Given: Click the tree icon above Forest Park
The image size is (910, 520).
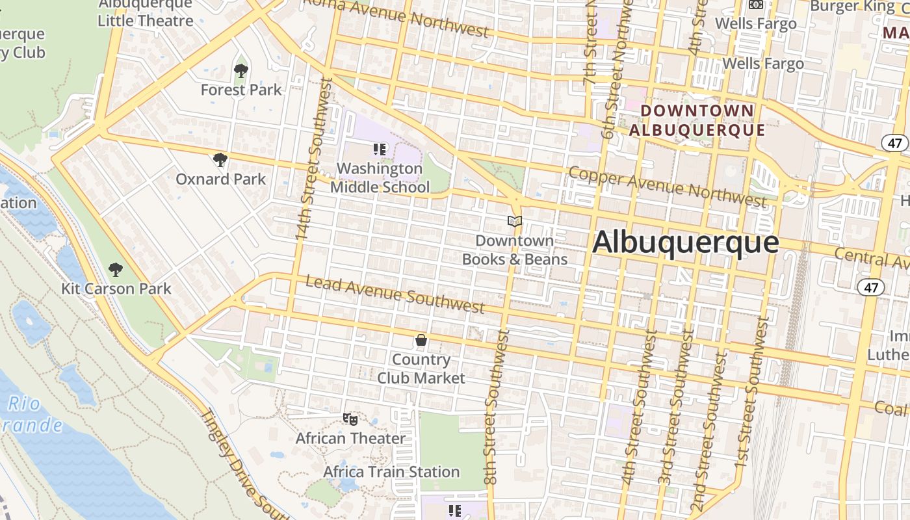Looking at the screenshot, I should [x=241, y=70].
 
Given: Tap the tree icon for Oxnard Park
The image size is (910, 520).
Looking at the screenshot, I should [x=220, y=159].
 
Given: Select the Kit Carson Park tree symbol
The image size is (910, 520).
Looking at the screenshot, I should [x=116, y=269].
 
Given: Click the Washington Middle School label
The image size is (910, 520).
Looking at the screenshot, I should [x=380, y=178].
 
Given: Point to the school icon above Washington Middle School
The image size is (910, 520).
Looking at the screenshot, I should [x=380, y=149].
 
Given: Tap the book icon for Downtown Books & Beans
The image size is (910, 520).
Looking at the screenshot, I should [x=515, y=222].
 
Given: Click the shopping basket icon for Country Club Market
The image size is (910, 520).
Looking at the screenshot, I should [x=421, y=340].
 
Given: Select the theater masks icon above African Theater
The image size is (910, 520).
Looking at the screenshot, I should [x=350, y=419].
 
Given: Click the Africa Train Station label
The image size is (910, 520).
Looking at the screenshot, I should [x=391, y=472].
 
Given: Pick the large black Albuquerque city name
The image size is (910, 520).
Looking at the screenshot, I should [x=685, y=242].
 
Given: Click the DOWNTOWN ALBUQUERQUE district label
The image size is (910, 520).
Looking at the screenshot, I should [x=697, y=120].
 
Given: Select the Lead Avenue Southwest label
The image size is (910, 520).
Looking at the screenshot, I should [x=395, y=294].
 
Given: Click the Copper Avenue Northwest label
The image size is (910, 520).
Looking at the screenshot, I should [x=666, y=186].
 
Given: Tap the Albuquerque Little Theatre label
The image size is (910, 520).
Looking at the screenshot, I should [x=146, y=13].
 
